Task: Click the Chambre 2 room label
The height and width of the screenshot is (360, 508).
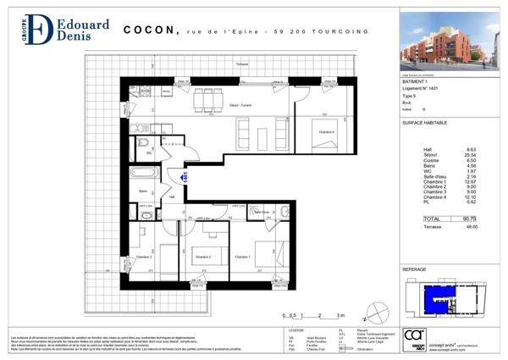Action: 203,257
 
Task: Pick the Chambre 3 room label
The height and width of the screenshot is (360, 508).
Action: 146,257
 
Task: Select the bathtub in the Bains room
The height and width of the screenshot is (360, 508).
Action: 144,174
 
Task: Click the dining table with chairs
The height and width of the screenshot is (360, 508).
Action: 204,99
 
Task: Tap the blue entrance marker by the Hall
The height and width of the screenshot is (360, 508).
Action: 183,176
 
